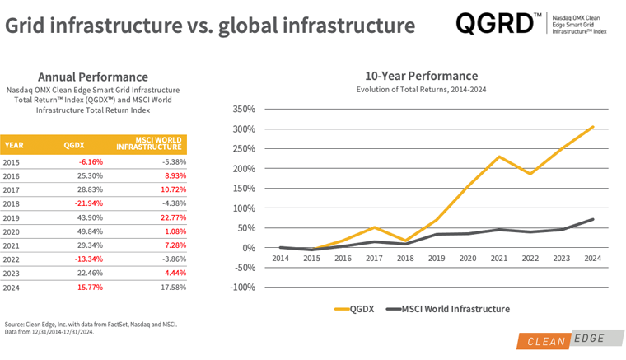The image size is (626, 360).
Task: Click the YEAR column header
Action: point(14,145)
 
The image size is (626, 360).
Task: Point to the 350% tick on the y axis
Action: point(245,110)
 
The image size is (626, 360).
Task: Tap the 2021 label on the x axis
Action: point(499,258)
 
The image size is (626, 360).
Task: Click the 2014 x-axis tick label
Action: point(281,258)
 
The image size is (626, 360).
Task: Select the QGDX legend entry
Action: point(354,309)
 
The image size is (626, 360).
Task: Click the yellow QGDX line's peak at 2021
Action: point(499,157)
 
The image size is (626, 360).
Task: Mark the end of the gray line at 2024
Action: point(593,219)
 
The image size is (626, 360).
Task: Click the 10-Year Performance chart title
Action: point(421,76)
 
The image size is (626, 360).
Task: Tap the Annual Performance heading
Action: point(93,77)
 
